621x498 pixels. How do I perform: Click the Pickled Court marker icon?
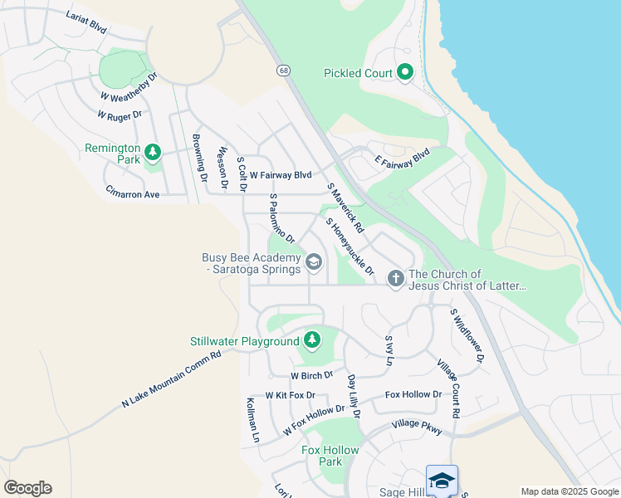coord(405,73)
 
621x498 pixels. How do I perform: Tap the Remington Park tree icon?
coord(152,152)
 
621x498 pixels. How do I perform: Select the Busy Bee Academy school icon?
coord(313,263)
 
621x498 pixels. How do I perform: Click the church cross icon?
coord(395,278)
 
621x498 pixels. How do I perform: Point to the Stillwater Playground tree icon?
coord(311,339)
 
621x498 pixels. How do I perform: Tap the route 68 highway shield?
coord(284,71)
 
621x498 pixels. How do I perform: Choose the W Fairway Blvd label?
coord(280,175)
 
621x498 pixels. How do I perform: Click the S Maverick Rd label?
coord(345,207)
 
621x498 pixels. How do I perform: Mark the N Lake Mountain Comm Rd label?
coord(171,379)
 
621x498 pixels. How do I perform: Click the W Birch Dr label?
coord(311,375)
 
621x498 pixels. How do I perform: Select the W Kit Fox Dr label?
coord(290,395)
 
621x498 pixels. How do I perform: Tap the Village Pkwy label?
coord(417,426)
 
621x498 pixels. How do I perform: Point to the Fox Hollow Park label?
coord(330,456)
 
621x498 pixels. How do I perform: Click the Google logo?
coord(27,488)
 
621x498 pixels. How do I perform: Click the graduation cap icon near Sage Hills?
coord(442,480)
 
